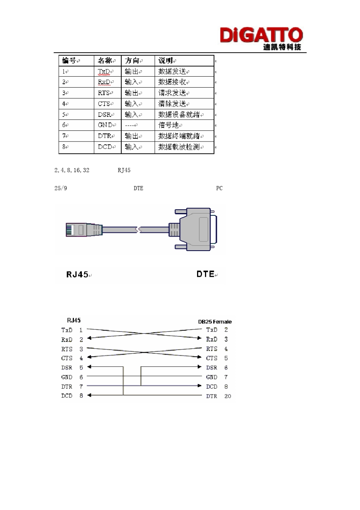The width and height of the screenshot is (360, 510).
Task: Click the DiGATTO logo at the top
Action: pos(261,38)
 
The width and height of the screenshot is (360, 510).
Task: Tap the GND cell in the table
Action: pos(105,125)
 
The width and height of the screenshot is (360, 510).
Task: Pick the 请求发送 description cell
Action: pos(172,93)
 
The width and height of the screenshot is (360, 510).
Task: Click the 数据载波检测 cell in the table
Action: pos(179,147)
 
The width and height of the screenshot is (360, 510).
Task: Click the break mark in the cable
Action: pos(138,229)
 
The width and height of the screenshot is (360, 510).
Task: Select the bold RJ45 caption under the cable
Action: pos(77,274)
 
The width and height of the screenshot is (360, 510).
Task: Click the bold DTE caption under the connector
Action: pos(205,274)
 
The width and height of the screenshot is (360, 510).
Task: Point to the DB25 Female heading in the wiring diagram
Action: pos(214,322)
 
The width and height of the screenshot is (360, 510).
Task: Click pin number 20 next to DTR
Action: pos(227,396)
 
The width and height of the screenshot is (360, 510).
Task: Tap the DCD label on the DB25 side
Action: pos(211,387)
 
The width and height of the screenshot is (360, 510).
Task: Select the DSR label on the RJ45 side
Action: pos(67,367)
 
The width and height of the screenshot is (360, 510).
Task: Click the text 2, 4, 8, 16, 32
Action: pos(72,170)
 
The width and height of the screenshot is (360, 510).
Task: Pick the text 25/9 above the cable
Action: pos(61,188)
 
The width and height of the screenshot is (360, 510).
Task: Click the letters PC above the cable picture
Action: pos(219,188)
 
